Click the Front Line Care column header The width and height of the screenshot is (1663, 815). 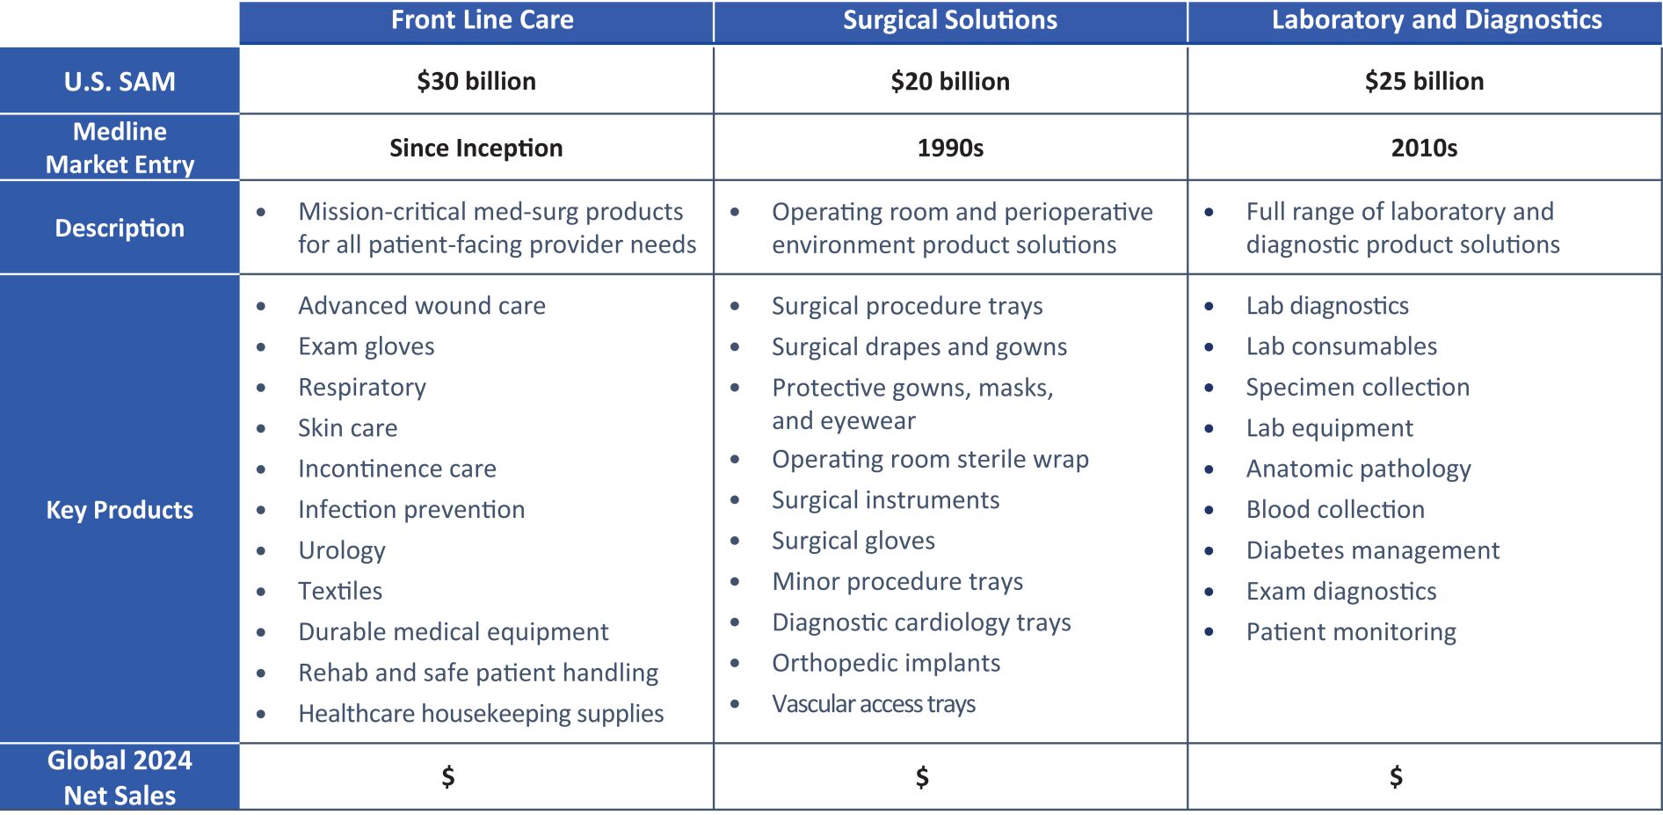point(482,20)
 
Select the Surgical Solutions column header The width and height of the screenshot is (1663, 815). point(950,20)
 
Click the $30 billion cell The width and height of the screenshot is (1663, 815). point(476,81)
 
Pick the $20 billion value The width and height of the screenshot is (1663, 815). point(950,81)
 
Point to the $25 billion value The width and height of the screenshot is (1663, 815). point(1424,81)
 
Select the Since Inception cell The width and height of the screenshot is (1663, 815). point(476,148)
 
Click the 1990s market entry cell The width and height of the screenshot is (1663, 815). point(950,148)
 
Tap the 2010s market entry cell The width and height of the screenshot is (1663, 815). point(1424,148)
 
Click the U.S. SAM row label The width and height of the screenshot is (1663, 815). point(120,82)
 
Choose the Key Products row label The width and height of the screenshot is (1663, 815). point(120,510)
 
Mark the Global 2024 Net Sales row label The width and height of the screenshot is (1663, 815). point(120,778)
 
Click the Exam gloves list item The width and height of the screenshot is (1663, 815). point(367,346)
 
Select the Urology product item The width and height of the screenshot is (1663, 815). point(342,550)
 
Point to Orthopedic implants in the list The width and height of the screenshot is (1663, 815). point(886,663)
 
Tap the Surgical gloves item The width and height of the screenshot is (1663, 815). point(853,541)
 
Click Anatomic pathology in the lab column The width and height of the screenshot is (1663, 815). point(1358,469)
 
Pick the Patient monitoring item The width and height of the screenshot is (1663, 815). point(1351,632)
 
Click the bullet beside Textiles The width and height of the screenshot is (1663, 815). point(261,592)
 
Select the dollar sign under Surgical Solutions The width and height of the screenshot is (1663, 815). point(922,777)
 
